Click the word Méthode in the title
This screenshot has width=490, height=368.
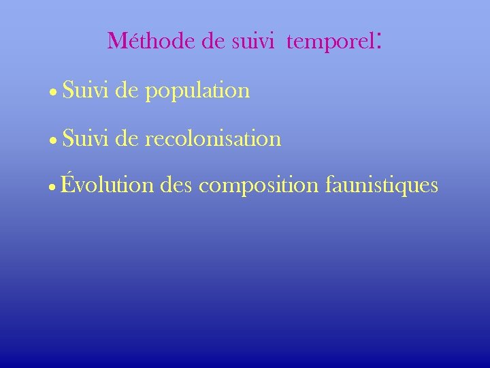pyautogui.click(x=151, y=42)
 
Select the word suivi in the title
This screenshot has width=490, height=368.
pyautogui.click(x=252, y=42)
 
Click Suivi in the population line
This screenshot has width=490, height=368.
pyautogui.click(x=85, y=90)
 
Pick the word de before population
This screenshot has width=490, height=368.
pyautogui.click(x=127, y=90)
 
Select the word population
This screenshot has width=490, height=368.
pyautogui.click(x=197, y=92)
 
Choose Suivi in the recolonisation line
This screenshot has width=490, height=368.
pyautogui.click(x=85, y=139)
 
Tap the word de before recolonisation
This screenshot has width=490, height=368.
pyautogui.click(x=127, y=139)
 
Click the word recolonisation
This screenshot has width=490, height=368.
pyautogui.click(x=213, y=139)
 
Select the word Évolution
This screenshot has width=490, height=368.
pyautogui.click(x=108, y=185)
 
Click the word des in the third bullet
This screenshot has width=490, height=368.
pyautogui.click(x=178, y=185)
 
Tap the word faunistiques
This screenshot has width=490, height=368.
pyautogui.click(x=382, y=185)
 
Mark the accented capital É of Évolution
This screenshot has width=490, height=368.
pyautogui.click(x=67, y=183)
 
